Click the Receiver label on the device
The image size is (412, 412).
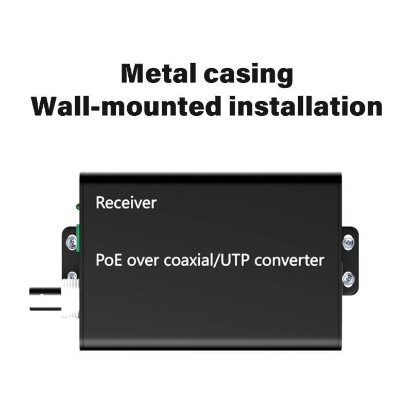pyautogui.click(x=126, y=203)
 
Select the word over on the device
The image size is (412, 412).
pyautogui.click(x=141, y=260)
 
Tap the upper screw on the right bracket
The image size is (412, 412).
pyautogui.click(x=349, y=241)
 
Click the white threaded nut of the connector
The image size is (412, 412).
pyautogui.click(x=70, y=299)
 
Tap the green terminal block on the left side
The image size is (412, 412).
pyautogui.click(x=78, y=238)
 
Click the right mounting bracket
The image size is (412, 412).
pyautogui.click(x=350, y=260)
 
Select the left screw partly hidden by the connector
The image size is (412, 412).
pyautogui.click(x=72, y=277)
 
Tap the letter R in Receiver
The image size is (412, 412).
pyautogui.click(x=100, y=203)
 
